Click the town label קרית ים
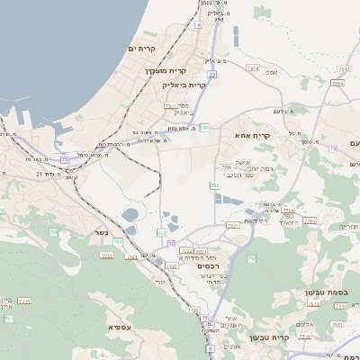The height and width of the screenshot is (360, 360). pos(142,48)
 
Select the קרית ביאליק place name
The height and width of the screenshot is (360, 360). pos(180,85)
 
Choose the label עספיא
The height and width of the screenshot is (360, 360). pos(119,328)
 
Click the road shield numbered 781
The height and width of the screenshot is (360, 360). pos(204,128)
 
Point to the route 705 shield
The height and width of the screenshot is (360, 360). pos(53,233)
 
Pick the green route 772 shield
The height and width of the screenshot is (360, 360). pos(193,310)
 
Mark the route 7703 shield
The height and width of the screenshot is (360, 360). pos(226,167)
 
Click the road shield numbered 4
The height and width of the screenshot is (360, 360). pos(198,24)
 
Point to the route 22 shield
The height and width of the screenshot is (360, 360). pos(211,76)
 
